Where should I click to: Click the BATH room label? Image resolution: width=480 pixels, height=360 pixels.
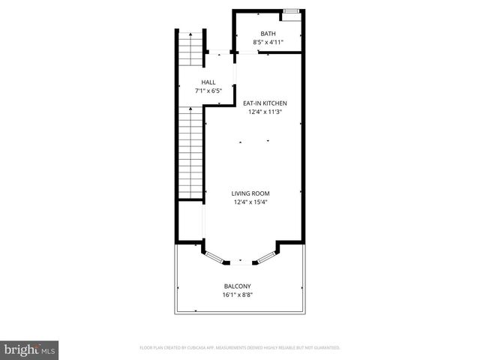click(x=268, y=34)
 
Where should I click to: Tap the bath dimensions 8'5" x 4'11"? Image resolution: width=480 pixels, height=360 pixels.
click(x=268, y=43)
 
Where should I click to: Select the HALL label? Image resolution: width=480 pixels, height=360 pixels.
click(x=208, y=82)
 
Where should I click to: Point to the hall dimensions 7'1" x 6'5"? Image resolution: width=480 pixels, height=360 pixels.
click(x=208, y=91)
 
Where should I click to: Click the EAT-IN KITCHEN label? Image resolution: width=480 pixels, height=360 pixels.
click(x=265, y=103)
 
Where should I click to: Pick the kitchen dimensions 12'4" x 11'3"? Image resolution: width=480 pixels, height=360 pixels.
click(x=265, y=112)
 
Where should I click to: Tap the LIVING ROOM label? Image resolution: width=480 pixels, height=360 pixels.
click(x=250, y=193)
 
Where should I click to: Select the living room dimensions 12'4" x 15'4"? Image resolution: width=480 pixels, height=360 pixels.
click(x=250, y=202)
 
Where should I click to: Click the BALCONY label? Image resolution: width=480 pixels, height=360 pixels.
click(x=237, y=286)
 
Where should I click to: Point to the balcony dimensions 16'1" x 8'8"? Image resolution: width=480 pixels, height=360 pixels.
click(x=237, y=295)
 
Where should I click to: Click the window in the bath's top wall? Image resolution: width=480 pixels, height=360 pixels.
click(x=292, y=11)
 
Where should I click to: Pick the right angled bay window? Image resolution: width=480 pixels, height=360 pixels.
click(x=266, y=256)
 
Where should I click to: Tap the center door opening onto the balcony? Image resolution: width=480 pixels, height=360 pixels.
click(x=240, y=262)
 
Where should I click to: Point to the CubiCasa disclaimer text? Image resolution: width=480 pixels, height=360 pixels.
click(x=240, y=348)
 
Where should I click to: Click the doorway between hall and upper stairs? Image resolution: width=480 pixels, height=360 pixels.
click(x=219, y=52)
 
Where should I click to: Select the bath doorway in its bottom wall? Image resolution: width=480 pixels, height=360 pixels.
click(x=248, y=52)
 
